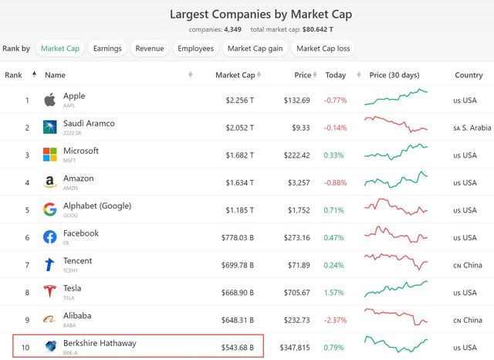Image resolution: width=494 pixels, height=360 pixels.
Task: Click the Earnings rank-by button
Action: [107, 49]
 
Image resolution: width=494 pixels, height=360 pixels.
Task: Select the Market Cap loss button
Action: [323, 49]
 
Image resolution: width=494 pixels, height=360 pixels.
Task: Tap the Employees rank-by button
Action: [195, 49]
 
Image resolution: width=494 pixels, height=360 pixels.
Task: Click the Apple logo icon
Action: [50, 100]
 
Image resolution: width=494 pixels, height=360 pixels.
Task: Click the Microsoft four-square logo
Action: [50, 155]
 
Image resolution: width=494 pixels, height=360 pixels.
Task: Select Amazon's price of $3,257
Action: [298, 182]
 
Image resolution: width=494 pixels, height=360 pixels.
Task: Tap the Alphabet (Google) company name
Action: [97, 205]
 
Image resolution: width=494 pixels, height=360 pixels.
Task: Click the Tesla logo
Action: [50, 292]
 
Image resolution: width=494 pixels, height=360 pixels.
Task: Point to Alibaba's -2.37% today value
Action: [336, 320]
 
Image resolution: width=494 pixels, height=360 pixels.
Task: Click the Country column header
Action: [469, 75]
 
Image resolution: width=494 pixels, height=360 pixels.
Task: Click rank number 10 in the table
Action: [26, 347]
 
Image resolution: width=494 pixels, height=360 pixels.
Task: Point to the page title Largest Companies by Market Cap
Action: [246, 13]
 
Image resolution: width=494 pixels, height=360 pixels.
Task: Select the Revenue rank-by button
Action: [150, 49]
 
